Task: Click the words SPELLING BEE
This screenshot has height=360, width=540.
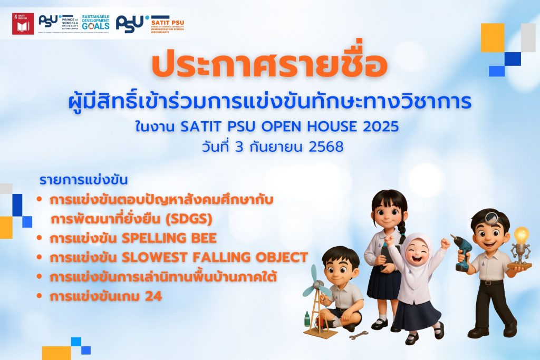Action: (169, 238)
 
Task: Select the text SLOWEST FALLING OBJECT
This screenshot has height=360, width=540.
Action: (215, 258)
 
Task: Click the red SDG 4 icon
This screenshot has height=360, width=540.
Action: (23, 24)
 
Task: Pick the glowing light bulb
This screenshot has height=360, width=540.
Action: (521, 236)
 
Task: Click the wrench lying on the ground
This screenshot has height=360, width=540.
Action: (359, 335)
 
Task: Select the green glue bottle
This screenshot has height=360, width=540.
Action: (307, 319)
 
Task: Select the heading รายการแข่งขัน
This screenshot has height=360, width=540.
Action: (84, 180)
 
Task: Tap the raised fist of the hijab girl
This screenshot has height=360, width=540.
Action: (445, 243)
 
